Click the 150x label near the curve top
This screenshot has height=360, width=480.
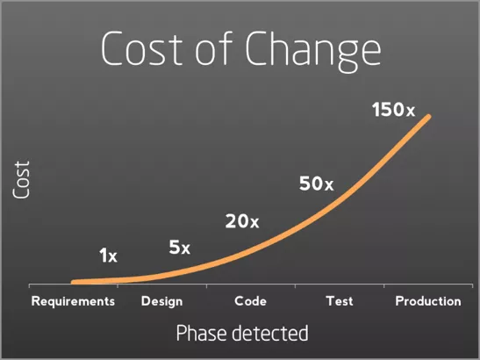click(393, 110)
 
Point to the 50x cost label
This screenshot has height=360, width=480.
click(316, 184)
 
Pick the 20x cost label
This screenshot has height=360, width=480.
click(241, 221)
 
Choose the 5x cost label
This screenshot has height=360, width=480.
click(179, 248)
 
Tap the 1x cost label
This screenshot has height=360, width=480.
click(108, 256)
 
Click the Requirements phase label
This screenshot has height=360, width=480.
click(73, 301)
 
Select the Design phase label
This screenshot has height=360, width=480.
click(161, 301)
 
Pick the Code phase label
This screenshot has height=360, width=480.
click(251, 301)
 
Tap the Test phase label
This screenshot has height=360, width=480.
click(339, 301)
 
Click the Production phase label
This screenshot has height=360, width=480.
click(427, 301)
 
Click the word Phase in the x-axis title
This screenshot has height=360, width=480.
click(200, 334)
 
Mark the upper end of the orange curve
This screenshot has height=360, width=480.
click(429, 116)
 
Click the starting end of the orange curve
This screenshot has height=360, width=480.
click(74, 283)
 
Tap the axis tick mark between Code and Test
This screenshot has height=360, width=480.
click(296, 286)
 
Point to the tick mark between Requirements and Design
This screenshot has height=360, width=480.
click(118, 286)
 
